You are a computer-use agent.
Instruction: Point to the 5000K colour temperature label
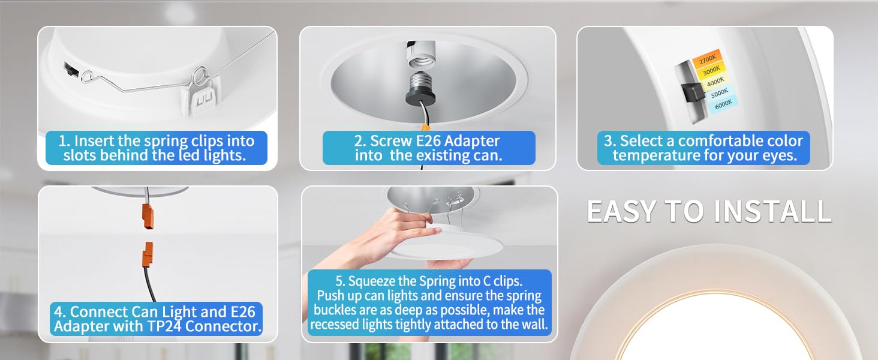tap(719, 93)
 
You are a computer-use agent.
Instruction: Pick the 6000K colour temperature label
tap(723, 104)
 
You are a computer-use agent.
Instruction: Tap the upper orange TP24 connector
tap(148, 216)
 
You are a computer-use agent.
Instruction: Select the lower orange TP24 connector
tap(148, 255)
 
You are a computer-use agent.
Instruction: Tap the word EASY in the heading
tap(621, 211)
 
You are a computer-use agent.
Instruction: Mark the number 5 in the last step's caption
tap(340, 281)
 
